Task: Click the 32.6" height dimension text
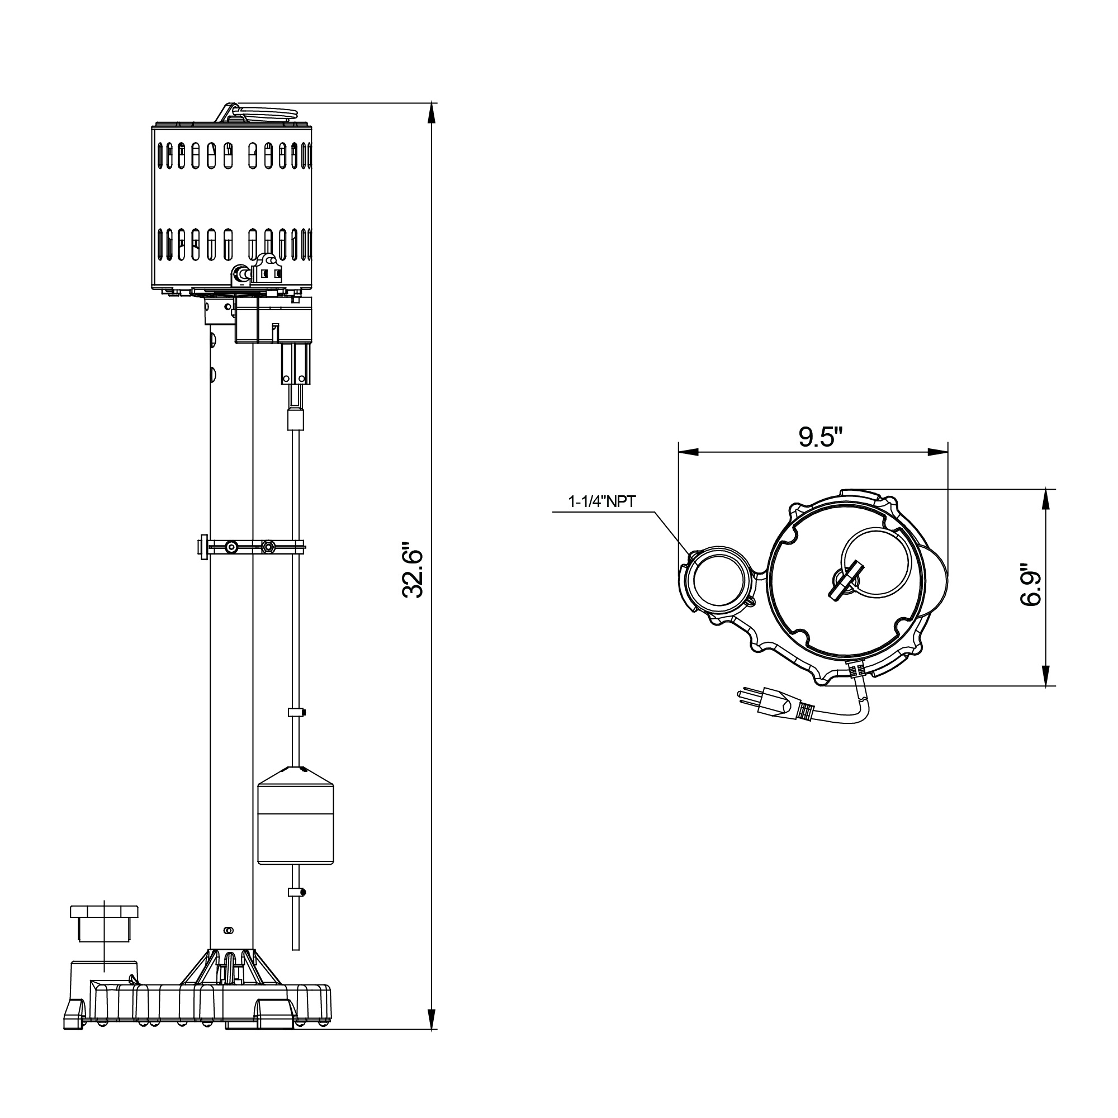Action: pos(414,570)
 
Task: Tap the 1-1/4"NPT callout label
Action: pos(602,501)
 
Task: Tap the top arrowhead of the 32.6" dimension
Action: pos(431,113)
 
